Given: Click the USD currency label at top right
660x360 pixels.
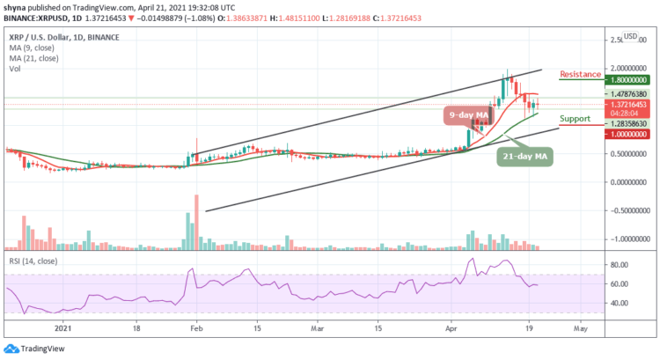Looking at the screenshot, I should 630,37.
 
